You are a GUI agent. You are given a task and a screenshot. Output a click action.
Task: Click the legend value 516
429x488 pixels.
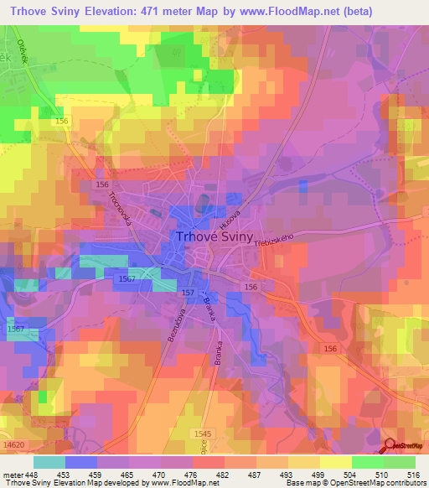click(x=411, y=473)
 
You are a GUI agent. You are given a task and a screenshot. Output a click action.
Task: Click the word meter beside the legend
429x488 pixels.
click(x=12, y=473)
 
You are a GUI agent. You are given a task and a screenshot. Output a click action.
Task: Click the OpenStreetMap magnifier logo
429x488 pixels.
click(x=391, y=446)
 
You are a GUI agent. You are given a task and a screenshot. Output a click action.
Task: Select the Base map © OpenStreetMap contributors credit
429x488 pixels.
click(x=355, y=483)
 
